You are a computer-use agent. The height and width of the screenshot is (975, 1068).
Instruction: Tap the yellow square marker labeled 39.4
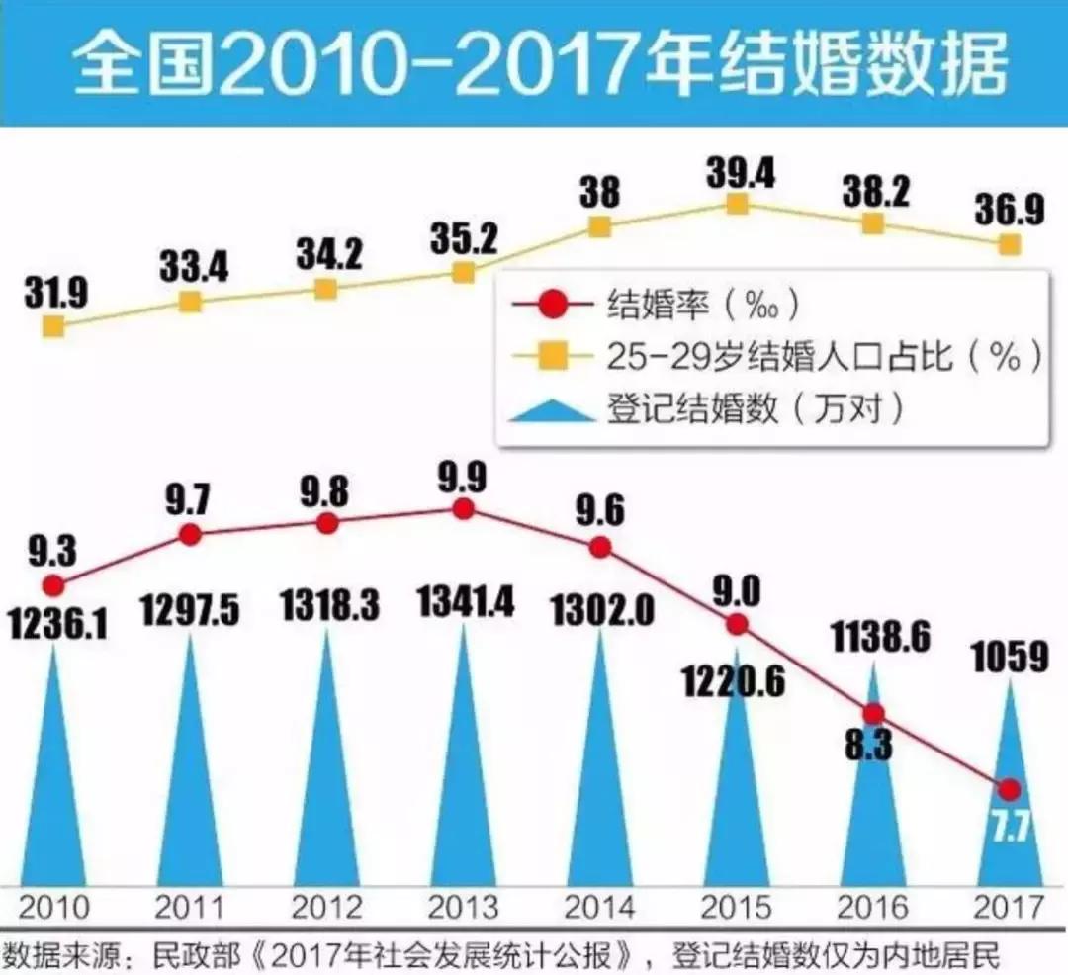click(x=736, y=203)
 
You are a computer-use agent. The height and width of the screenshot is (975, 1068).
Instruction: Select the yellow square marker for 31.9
click(x=53, y=325)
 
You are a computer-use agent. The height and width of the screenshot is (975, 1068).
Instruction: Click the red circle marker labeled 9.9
click(x=463, y=509)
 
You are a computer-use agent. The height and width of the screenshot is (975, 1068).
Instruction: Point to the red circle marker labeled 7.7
click(x=1009, y=788)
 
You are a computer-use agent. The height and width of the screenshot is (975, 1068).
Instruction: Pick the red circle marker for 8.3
click(x=872, y=714)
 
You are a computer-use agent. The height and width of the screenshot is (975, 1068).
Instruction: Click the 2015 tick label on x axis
click(x=736, y=907)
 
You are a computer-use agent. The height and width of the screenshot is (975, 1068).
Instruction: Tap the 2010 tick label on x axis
click(x=53, y=907)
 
